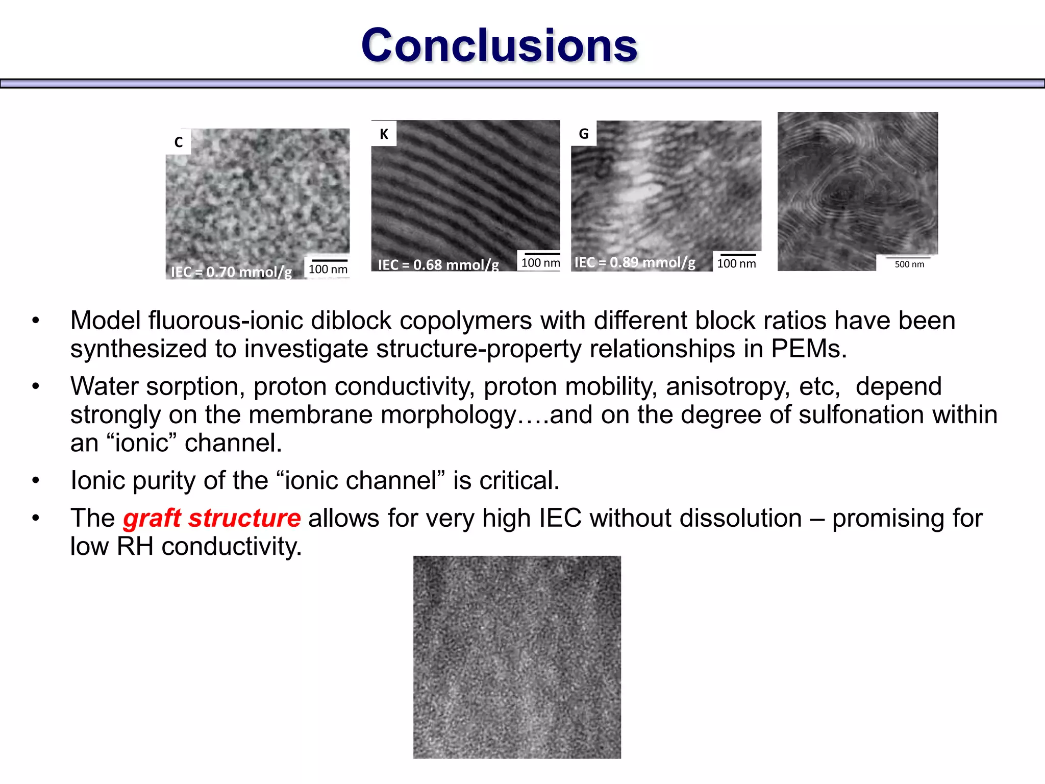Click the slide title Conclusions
499,46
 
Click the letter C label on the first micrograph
179,142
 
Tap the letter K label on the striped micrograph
384,134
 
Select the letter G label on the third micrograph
584,134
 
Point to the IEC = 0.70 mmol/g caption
231,272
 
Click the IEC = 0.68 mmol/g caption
438,264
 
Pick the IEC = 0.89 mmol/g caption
635,262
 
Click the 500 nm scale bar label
909,264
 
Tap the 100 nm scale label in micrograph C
328,269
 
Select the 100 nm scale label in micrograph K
540,263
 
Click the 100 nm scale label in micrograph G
736,263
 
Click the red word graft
152,519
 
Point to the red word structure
244,519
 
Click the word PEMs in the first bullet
808,349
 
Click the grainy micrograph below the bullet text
517,657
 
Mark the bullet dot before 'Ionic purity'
35,481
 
